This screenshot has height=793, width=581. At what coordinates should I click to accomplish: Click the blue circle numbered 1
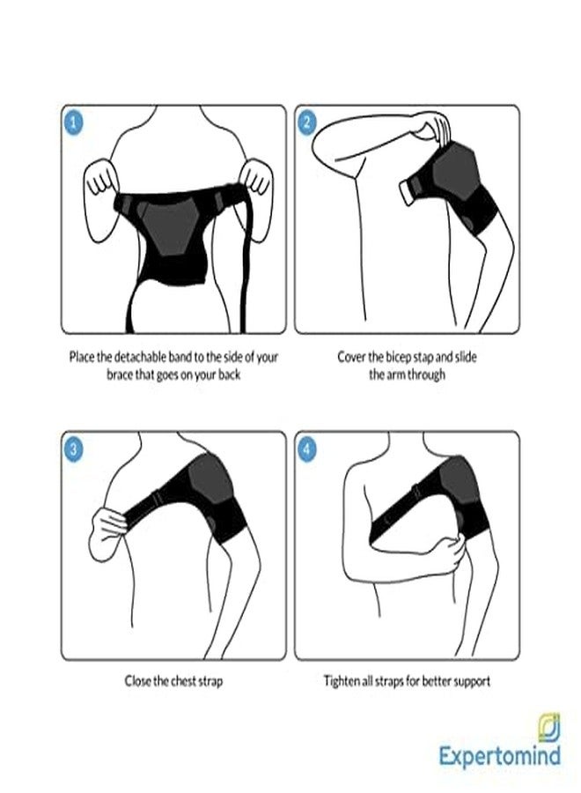click(74, 122)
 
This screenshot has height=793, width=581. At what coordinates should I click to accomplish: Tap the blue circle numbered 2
click(307, 122)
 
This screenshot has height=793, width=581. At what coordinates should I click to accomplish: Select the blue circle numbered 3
click(74, 449)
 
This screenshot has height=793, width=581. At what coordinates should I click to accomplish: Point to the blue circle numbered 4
click(307, 449)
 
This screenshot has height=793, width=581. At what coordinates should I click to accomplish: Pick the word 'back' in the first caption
click(229, 374)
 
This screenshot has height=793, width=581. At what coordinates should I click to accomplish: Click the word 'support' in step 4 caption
click(471, 682)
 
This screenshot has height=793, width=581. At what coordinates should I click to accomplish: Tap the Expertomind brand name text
click(500, 756)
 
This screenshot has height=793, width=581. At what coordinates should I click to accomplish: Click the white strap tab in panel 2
click(407, 193)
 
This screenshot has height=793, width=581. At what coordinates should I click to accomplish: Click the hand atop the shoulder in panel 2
click(433, 126)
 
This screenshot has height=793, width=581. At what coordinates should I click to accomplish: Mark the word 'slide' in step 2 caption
click(466, 357)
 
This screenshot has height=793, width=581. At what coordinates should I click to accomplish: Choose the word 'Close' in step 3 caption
click(138, 681)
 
